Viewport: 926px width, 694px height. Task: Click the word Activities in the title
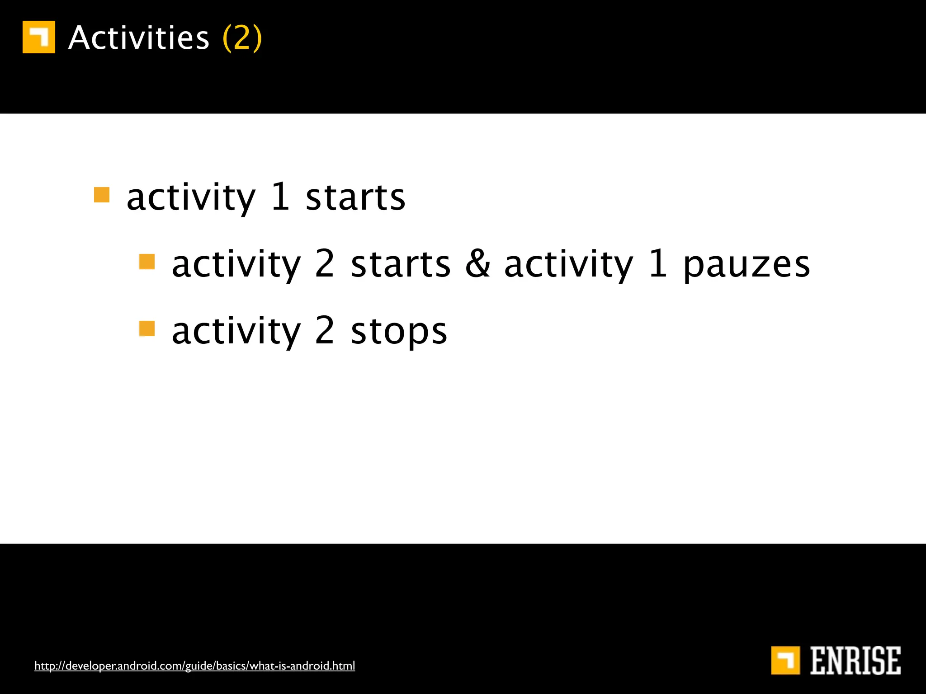tap(139, 38)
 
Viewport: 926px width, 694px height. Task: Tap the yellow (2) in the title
tap(242, 38)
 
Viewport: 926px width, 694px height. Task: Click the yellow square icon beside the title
tap(39, 37)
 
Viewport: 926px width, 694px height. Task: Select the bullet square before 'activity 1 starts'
tap(102, 195)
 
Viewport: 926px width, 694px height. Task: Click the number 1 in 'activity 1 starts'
tap(281, 197)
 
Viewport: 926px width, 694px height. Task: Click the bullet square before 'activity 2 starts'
tap(147, 262)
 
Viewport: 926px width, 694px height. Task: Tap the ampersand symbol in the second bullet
tap(477, 264)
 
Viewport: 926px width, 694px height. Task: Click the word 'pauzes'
tap(746, 266)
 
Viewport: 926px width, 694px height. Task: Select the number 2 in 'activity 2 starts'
tap(325, 264)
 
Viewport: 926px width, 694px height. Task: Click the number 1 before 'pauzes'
tap(658, 264)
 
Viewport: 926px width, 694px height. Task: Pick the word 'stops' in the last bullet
tap(399, 333)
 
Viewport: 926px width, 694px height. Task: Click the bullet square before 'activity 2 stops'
tap(147, 328)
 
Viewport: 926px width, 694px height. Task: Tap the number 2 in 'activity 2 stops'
tap(325, 331)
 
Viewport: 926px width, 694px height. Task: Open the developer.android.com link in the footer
tap(194, 666)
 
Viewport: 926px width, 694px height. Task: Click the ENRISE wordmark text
tap(855, 661)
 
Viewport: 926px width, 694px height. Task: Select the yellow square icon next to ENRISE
tap(785, 660)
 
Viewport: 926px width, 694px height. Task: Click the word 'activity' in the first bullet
tap(191, 199)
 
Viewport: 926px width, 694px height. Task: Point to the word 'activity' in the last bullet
tap(236, 333)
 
